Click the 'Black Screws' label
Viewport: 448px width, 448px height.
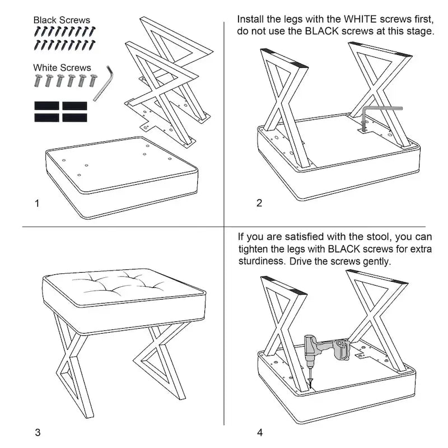(62, 20)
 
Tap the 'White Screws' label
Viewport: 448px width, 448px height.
(62, 68)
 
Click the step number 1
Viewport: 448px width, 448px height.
(37, 203)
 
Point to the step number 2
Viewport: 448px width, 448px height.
(259, 203)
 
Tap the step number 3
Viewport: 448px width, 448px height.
(38, 432)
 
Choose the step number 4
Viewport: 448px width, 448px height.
(260, 432)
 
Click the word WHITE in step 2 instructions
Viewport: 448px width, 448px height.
(360, 19)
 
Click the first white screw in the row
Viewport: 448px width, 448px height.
(38, 80)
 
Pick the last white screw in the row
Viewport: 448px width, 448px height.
(94, 80)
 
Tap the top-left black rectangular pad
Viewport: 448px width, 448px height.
(47, 106)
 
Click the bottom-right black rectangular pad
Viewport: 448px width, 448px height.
(74, 118)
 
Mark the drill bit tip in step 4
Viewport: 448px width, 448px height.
(311, 388)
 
